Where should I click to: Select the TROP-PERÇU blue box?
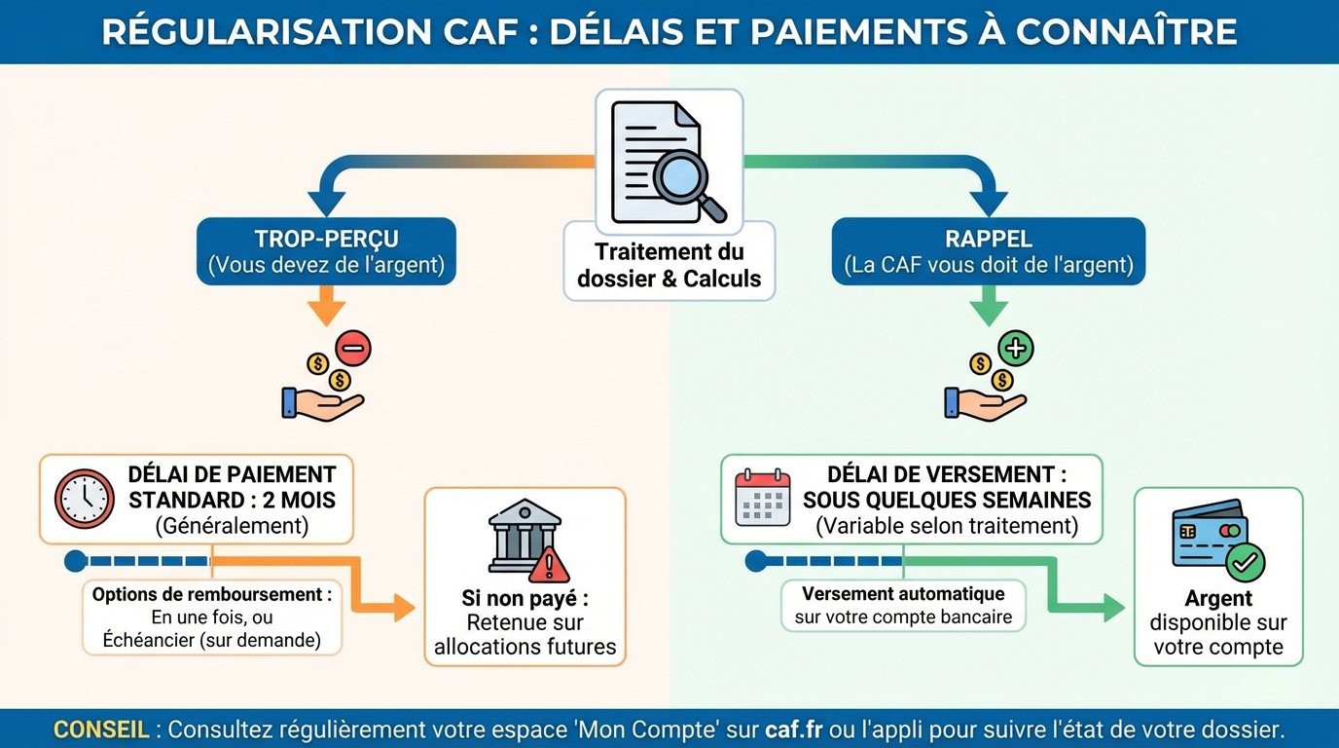[x=326, y=251]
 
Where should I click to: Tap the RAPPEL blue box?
[x=989, y=251]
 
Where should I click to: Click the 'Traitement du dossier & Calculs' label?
[x=669, y=265]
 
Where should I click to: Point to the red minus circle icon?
[x=353, y=347]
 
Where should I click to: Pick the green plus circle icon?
[x=1016, y=348]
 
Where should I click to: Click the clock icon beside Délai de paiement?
[x=85, y=499]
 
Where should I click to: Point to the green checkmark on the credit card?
[x=1245, y=562]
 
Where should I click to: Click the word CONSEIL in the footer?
[x=101, y=729]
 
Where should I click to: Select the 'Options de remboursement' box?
[x=212, y=617]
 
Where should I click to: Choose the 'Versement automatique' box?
[x=903, y=605]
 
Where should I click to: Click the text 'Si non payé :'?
[x=525, y=599]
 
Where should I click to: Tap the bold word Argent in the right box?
[x=1218, y=599]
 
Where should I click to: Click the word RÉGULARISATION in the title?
[x=261, y=31]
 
